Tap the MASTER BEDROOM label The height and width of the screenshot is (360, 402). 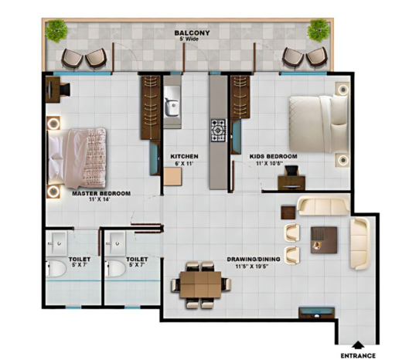101,193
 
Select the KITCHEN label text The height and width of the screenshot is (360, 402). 184,156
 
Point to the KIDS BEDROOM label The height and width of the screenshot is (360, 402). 273,156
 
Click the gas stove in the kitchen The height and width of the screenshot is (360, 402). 219,131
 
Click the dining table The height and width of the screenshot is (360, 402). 200,284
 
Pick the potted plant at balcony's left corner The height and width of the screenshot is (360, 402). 56,31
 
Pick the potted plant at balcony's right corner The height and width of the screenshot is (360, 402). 319,30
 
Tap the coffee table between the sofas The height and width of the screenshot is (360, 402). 324,240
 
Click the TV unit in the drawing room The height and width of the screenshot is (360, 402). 317,313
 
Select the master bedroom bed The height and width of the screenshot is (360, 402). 77,158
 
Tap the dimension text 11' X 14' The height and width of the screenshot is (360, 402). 100,199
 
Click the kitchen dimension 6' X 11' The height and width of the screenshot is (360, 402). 184,163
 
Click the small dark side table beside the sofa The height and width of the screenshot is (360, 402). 288,212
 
